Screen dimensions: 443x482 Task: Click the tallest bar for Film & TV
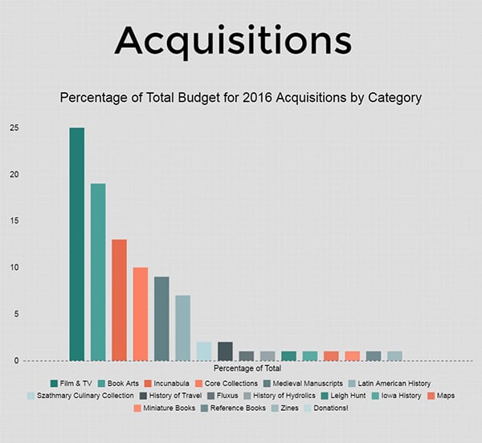[77, 244]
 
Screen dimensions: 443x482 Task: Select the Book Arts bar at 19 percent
[98, 272]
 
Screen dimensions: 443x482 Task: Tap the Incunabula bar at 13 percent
[119, 300]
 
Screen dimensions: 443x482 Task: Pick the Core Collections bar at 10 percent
[141, 314]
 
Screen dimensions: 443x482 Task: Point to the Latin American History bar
[183, 328]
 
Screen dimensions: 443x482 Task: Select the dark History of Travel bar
[225, 352]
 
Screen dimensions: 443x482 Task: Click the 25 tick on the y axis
[15, 128]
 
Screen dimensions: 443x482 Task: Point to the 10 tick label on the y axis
[15, 268]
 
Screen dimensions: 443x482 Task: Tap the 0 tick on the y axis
[15, 361]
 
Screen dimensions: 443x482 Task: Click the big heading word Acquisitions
[233, 39]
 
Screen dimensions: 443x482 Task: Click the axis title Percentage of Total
[253, 368]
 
